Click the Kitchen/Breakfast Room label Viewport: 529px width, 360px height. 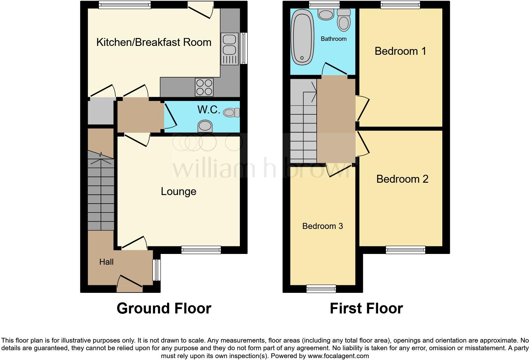154,42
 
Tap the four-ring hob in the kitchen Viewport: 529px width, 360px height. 204,87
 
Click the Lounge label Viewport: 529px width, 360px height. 178,191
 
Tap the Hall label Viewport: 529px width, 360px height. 106,262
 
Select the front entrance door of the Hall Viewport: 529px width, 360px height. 130,284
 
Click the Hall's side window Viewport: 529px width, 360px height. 157,270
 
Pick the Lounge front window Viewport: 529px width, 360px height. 201,250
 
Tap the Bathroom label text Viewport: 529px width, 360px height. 333,39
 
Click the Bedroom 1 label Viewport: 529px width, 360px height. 400,51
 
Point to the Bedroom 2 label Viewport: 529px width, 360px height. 402,179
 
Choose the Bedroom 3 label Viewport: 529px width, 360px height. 322,226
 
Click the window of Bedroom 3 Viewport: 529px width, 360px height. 321,288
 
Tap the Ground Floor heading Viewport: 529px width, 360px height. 164,308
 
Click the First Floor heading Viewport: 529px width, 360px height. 366,308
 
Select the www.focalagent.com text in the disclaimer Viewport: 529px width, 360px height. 338,356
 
